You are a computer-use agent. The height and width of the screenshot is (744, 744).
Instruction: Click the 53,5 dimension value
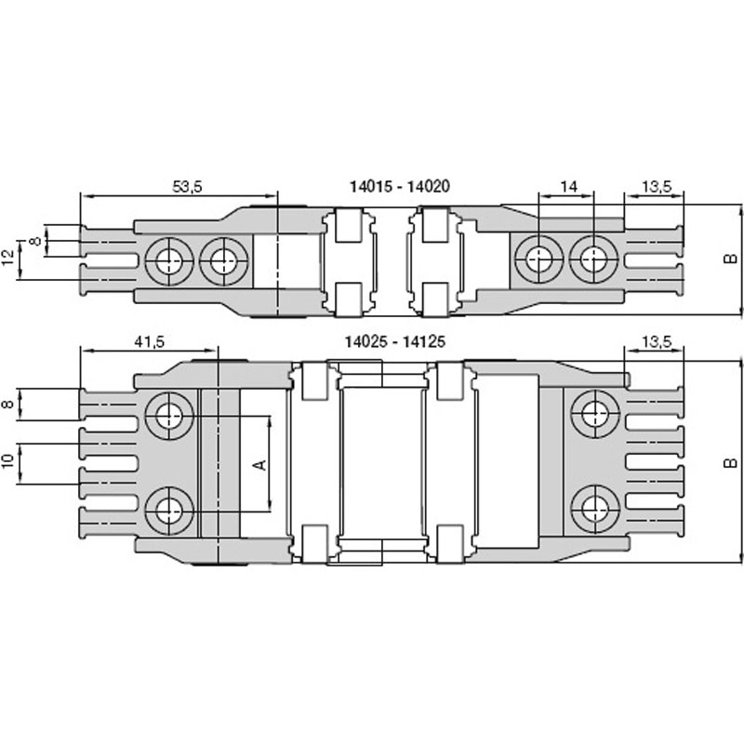tap(187, 187)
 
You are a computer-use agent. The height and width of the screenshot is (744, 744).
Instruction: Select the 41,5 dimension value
tap(150, 341)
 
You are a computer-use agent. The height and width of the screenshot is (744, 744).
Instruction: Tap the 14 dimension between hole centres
tap(568, 187)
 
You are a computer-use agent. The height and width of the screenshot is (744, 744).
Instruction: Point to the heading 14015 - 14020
tap(400, 186)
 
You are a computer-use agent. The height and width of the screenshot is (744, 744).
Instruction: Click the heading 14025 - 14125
tap(394, 341)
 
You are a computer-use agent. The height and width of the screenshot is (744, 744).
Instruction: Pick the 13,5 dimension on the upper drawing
tap(657, 187)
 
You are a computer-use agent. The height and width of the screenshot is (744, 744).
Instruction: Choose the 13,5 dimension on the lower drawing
tap(657, 341)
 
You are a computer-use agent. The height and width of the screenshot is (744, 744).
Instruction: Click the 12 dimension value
tap(8, 259)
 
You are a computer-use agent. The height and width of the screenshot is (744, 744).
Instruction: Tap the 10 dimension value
tap(8, 461)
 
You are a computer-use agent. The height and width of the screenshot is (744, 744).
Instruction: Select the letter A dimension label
tap(260, 464)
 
